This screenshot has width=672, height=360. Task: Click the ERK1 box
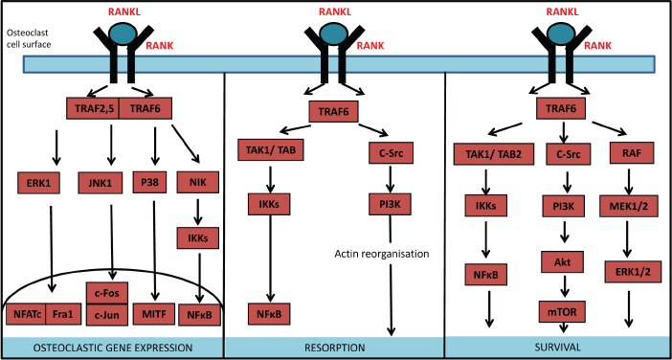click(38, 183)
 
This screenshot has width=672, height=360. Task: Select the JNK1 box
click(99, 183)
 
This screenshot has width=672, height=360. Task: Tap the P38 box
click(150, 183)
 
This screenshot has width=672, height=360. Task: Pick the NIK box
click(197, 183)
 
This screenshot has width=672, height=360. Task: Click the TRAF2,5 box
click(92, 109)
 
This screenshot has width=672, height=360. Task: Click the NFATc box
click(26, 315)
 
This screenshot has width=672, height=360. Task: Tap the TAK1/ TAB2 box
click(494, 154)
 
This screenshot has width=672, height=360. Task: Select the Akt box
click(563, 262)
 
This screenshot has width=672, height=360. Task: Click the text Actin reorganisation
click(381, 254)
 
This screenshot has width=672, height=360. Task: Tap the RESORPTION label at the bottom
click(336, 347)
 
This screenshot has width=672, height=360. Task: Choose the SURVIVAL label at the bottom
click(557, 347)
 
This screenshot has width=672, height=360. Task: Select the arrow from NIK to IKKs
click(197, 212)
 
